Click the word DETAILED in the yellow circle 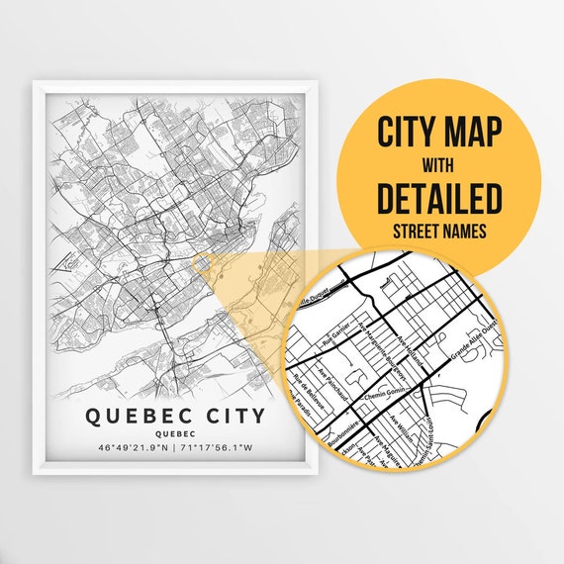(438, 198)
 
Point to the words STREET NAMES (438, 234)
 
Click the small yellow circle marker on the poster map (201, 262)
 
